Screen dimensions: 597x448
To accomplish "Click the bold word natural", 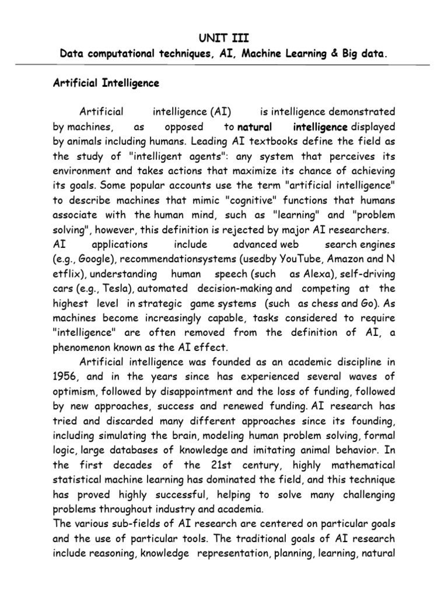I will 255,127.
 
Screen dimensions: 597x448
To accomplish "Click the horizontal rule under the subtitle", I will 224,65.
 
